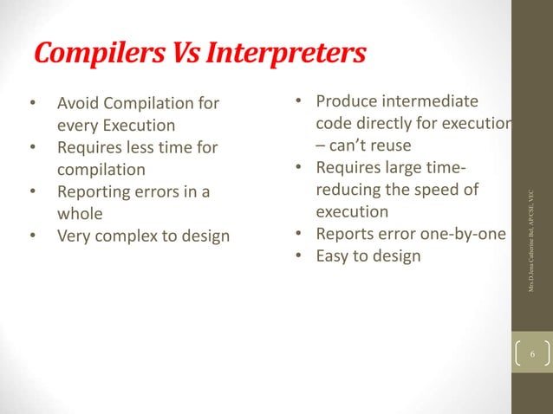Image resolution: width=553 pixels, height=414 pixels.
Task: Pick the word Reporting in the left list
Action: [94, 191]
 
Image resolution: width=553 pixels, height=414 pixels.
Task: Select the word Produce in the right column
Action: [345, 102]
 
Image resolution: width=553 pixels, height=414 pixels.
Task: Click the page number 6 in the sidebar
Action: [533, 354]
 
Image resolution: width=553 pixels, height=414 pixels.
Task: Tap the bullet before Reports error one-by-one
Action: [297, 233]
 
